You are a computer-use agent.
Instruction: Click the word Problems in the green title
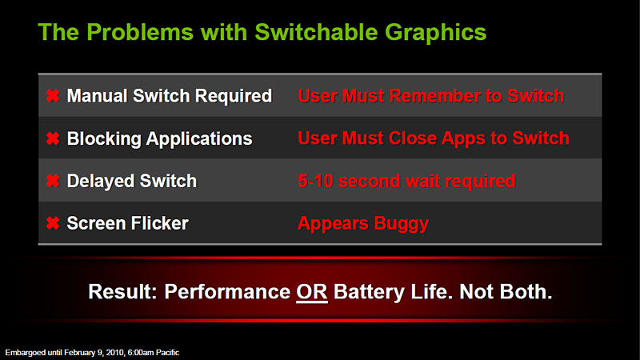[x=139, y=32]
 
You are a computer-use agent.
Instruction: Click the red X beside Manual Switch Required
[x=53, y=96]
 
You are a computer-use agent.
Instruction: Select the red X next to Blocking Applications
[x=53, y=138]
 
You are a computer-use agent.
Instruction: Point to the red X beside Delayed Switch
[x=53, y=181]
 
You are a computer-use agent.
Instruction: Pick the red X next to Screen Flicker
[x=53, y=223]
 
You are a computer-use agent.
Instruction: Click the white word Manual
[x=97, y=96]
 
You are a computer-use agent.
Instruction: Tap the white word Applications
[x=199, y=139]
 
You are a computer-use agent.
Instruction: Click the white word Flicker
[x=160, y=223]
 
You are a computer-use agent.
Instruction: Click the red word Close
[x=412, y=138]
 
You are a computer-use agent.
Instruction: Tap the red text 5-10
[x=315, y=181]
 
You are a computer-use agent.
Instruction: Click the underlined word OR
[x=312, y=292]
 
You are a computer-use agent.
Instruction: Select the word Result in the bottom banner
[x=122, y=292]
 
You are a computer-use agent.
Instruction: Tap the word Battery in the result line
[x=369, y=293]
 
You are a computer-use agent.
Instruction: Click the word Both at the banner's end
[x=526, y=292]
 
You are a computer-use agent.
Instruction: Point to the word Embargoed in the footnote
[x=26, y=353]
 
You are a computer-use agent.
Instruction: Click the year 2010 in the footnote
[x=115, y=352]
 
